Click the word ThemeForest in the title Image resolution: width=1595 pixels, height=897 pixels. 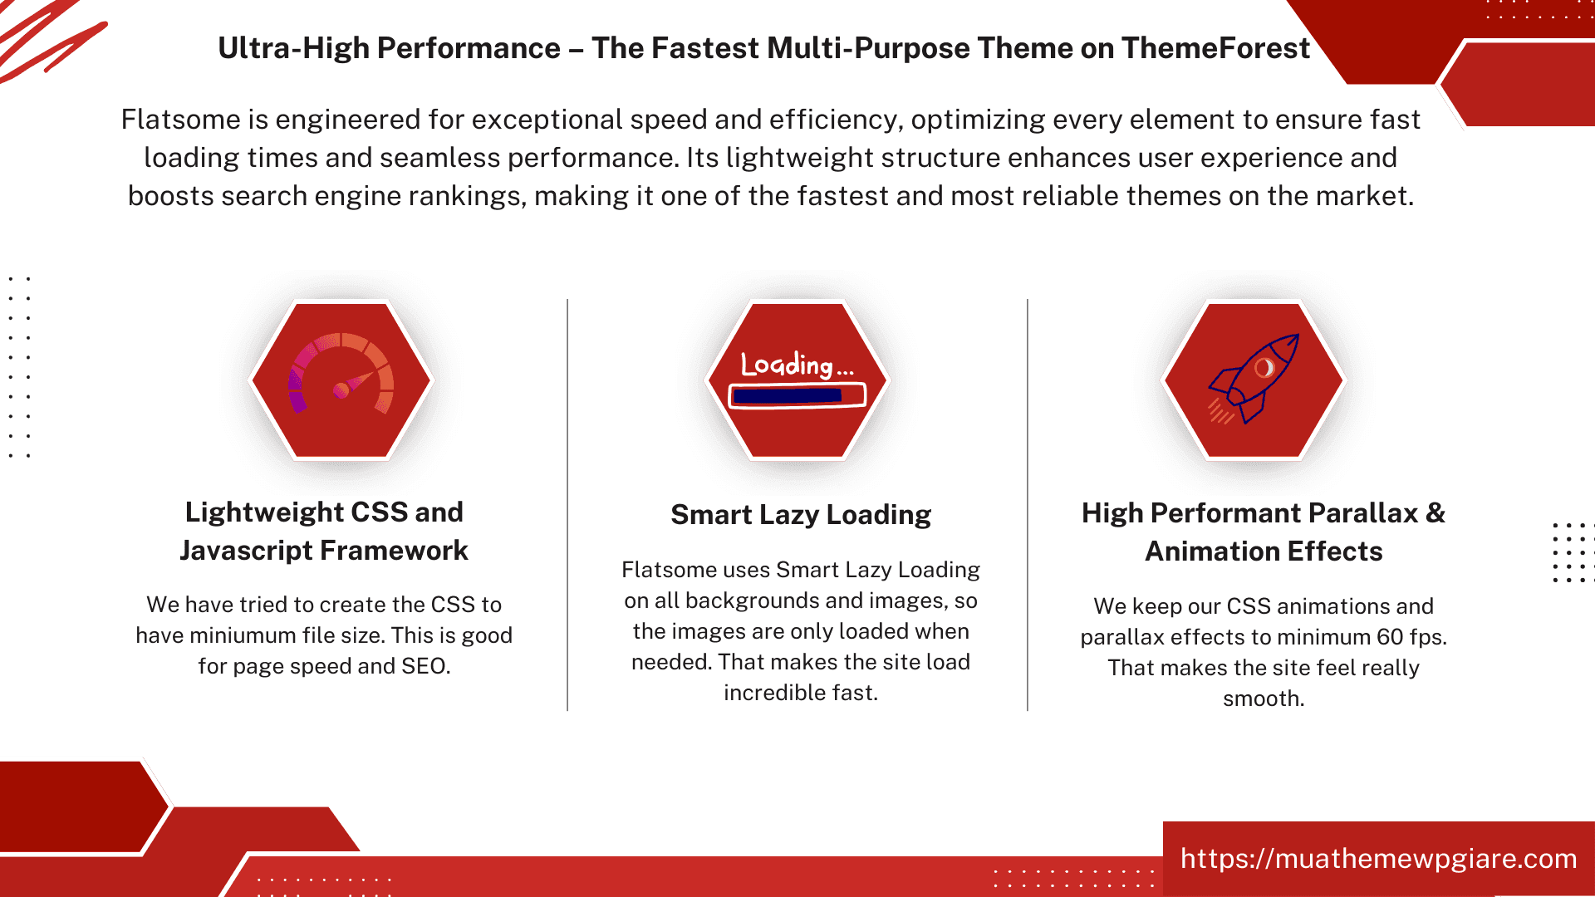pyautogui.click(x=1215, y=48)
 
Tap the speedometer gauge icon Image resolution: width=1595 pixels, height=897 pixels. pyautogui.click(x=341, y=374)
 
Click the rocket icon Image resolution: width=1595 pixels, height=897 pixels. pyautogui.click(x=1254, y=379)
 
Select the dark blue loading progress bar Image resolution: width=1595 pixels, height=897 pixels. pyautogui.click(x=788, y=396)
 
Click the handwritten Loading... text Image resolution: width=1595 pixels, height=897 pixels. pyautogui.click(x=797, y=365)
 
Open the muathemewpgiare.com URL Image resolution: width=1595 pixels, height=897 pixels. pyautogui.click(x=1379, y=858)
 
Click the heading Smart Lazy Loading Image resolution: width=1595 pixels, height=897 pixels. pyautogui.click(x=801, y=515)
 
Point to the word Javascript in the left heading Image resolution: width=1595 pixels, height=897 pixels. pyautogui.click(x=246, y=551)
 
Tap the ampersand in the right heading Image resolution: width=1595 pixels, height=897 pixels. pyautogui.click(x=1435, y=513)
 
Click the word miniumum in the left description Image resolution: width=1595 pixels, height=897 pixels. pyautogui.click(x=243, y=635)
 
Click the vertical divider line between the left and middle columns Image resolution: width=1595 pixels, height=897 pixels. pyautogui.click(x=567, y=505)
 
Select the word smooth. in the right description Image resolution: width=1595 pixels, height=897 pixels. pyautogui.click(x=1264, y=698)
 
